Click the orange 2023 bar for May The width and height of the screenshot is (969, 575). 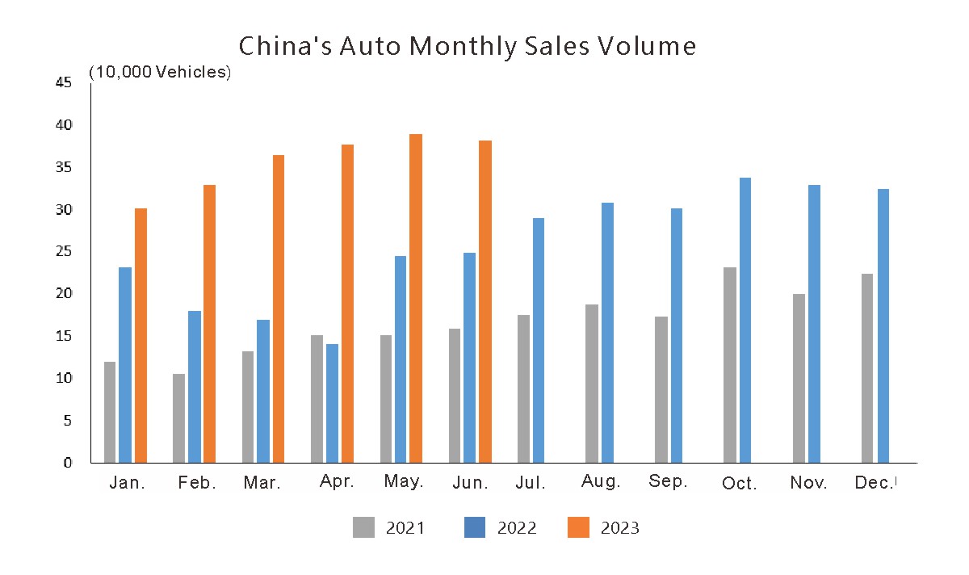[416, 299]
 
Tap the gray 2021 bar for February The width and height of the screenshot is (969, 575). [179, 418]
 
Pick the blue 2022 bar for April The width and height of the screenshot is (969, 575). [332, 404]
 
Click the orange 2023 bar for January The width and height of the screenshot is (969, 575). [141, 336]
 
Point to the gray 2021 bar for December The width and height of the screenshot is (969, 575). [867, 368]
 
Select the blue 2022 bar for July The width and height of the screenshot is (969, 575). [539, 341]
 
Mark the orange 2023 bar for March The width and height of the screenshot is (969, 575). [279, 309]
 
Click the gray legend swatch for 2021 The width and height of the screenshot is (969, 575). [363, 528]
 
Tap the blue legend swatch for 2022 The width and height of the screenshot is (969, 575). [475, 528]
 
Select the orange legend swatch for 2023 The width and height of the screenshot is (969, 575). [578, 528]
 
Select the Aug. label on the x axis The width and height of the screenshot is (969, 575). [601, 482]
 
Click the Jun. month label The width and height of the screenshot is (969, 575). [470, 483]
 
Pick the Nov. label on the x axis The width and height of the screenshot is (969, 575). [808, 483]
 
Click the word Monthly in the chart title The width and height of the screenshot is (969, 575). [461, 46]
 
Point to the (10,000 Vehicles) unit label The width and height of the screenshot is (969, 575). [160, 72]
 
